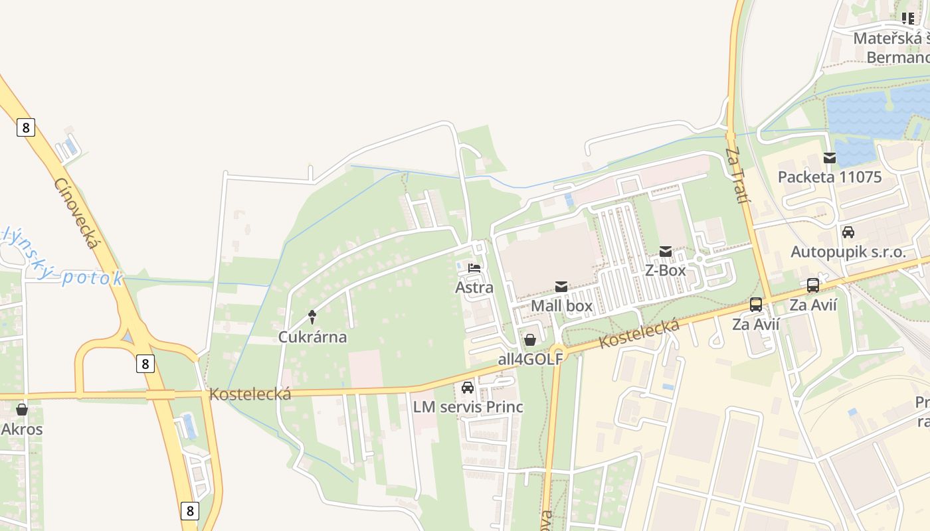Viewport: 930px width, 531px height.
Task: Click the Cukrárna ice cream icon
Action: [x=312, y=317]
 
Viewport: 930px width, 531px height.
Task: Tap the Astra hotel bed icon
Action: [x=474, y=269]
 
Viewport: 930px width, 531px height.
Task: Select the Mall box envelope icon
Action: [x=561, y=287]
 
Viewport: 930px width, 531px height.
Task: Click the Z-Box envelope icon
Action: [x=665, y=252]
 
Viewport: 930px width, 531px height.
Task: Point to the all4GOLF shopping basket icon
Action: [x=530, y=341]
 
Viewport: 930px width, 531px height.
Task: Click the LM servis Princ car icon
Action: [x=468, y=388]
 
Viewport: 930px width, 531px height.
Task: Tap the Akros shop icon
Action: [x=22, y=410]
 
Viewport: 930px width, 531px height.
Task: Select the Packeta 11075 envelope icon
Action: [x=830, y=158]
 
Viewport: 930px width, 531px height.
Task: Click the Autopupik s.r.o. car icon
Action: [x=848, y=232]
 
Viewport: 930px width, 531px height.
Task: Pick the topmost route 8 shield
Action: [x=25, y=127]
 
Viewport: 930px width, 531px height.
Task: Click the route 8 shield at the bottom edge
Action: [x=190, y=510]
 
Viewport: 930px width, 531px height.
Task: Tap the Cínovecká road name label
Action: [x=76, y=213]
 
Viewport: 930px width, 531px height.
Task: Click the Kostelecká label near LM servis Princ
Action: [x=250, y=394]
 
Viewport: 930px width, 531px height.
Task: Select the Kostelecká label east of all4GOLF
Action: [x=640, y=334]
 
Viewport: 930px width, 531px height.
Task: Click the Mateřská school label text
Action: [x=890, y=38]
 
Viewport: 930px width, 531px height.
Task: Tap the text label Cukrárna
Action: [x=312, y=337]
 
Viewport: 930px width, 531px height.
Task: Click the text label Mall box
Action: [x=561, y=306]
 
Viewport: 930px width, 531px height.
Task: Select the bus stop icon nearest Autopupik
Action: [x=813, y=285]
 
